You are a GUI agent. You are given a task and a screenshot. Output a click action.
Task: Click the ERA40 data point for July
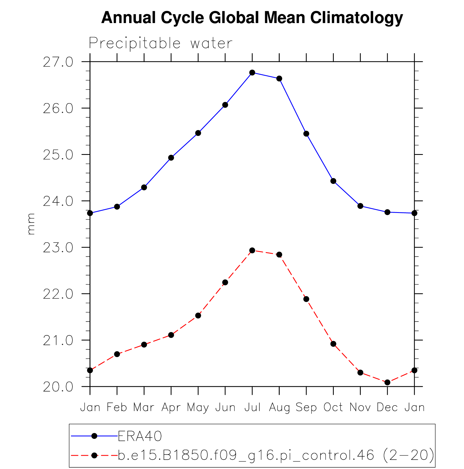(252, 72)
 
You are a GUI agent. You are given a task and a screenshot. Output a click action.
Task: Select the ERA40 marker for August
(279, 79)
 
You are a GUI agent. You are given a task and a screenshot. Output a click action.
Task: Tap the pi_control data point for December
(387, 382)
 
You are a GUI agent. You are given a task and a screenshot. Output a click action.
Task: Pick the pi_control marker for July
(252, 250)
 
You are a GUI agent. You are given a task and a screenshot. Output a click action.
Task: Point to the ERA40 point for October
(333, 181)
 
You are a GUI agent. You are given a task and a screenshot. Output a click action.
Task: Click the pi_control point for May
(198, 315)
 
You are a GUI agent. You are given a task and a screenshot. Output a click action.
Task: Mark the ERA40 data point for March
(144, 187)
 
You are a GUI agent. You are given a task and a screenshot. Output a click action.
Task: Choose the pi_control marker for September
(306, 299)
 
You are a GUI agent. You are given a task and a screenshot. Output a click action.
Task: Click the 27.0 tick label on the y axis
(58, 62)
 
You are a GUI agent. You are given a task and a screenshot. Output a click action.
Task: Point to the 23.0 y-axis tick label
(58, 248)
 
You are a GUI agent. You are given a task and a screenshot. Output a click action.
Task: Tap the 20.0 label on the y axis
(58, 387)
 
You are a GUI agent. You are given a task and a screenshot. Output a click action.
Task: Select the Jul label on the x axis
(252, 407)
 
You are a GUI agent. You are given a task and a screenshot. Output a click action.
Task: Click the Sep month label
(306, 408)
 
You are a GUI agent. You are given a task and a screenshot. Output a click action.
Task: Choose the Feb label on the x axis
(117, 407)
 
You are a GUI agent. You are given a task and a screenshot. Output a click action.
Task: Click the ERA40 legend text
(140, 436)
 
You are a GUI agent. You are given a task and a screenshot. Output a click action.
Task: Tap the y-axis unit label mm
(31, 224)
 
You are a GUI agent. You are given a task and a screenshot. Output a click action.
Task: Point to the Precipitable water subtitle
(160, 43)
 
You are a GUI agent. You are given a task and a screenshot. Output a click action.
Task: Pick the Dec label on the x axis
(387, 407)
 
